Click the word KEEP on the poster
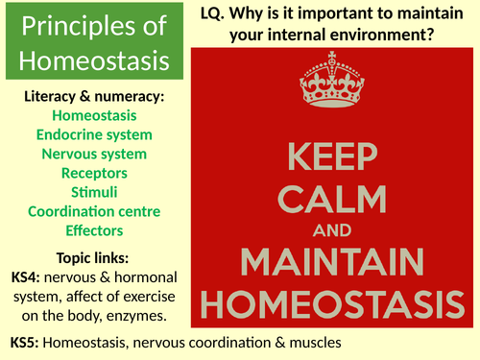(x=337, y=155)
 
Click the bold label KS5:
(x=27, y=342)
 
